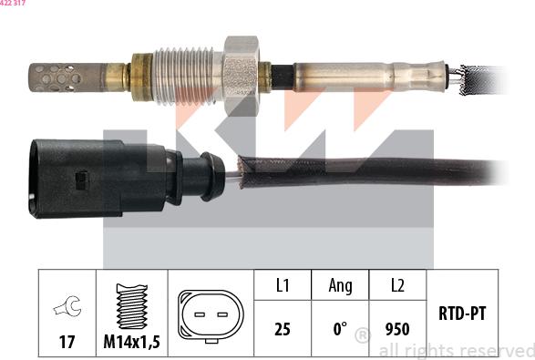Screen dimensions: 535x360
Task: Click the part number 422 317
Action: [13, 3]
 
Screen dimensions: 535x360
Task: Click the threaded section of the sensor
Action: [183, 76]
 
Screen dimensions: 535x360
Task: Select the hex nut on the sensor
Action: [241, 76]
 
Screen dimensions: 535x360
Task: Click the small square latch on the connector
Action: [82, 180]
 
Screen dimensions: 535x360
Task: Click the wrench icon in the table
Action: [67, 305]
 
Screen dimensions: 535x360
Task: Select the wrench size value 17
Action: [67, 342]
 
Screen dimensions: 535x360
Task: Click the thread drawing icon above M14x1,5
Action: [132, 306]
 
